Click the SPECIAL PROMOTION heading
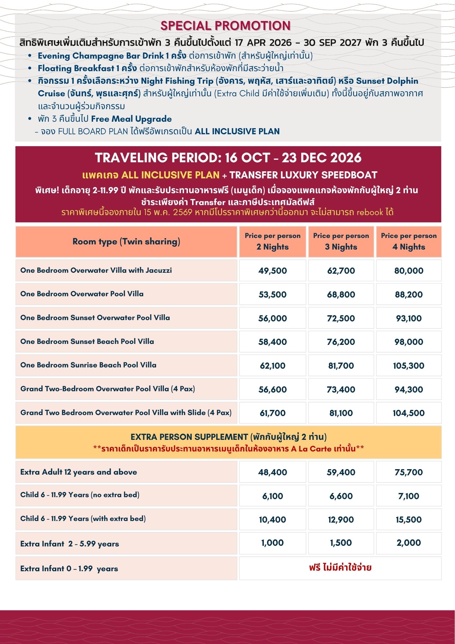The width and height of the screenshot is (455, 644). (225, 26)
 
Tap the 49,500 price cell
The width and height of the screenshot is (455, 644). (272, 270)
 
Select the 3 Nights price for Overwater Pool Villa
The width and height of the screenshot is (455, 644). (341, 294)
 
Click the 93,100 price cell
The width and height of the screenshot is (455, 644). (408, 318)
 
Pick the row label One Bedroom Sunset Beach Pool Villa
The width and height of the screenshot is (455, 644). (87, 341)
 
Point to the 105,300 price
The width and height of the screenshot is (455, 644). (408, 365)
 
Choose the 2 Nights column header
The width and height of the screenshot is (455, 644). (272, 241)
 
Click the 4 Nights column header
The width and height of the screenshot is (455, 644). (408, 241)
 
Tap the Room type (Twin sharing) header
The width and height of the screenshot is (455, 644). (126, 241)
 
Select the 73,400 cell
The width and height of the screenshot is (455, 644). (341, 389)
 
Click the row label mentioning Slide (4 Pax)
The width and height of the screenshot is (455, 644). (126, 412)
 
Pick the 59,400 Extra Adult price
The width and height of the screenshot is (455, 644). (341, 472)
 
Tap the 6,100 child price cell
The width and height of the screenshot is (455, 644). (272, 496)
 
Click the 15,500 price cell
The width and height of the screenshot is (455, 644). (408, 519)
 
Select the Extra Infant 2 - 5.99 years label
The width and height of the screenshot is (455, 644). (70, 544)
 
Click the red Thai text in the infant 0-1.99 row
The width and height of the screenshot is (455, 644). (340, 567)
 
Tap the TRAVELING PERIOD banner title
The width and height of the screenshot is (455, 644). (228, 158)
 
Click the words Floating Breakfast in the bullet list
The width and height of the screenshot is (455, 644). (76, 68)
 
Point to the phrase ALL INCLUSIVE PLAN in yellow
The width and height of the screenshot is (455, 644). (170, 175)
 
